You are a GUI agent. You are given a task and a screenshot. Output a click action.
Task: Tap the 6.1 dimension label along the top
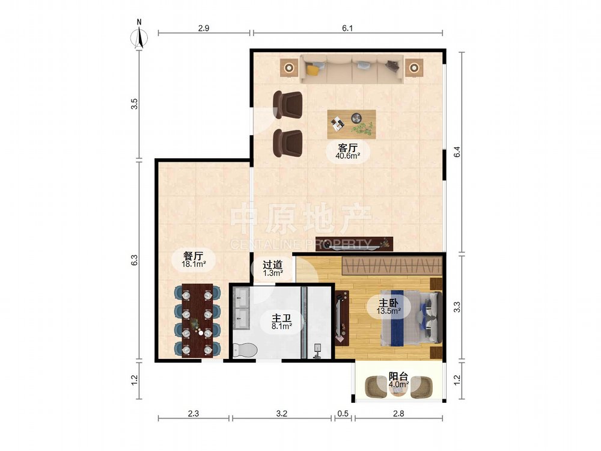[x=347, y=28]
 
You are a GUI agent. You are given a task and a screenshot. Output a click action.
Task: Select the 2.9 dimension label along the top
[x=204, y=28]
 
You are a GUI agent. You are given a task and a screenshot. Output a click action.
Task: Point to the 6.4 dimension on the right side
[x=457, y=152]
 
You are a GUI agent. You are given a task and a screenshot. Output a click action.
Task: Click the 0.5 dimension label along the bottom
[x=343, y=414]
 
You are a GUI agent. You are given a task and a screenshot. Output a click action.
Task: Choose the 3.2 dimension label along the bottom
[x=282, y=414]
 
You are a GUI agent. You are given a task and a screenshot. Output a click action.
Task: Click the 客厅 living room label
[x=347, y=148]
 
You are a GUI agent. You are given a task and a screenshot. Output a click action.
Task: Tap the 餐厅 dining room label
[x=193, y=256]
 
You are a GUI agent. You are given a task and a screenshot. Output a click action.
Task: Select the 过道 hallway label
[x=272, y=265]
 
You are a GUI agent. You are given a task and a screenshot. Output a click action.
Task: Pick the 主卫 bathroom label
[x=282, y=318]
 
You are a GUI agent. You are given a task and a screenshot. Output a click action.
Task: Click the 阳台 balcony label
[x=398, y=376]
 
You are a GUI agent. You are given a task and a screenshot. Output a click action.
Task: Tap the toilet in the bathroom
[x=245, y=350]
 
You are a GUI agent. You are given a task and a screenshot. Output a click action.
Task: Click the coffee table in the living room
[x=352, y=124]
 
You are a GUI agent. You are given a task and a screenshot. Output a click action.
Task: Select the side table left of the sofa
[x=288, y=69]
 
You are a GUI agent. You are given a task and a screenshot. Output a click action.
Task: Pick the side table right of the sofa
[x=414, y=69]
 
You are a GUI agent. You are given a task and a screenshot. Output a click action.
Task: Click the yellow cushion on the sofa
[x=313, y=70]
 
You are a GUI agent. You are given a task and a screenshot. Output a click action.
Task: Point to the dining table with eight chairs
[x=197, y=321]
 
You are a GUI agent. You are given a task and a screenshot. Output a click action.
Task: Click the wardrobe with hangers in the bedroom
[x=392, y=265]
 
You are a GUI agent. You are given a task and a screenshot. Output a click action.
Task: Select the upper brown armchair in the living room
[x=288, y=104]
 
